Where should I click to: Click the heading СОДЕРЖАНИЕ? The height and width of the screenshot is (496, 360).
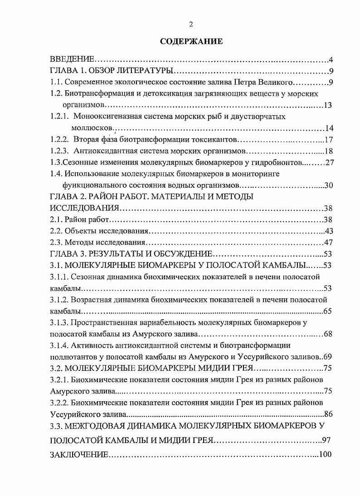pos(191,42)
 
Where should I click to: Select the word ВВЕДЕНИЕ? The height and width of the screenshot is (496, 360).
pos(72,60)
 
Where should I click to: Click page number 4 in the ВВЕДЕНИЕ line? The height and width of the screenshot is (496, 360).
pos(331,60)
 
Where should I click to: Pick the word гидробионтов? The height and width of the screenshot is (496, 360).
pos(278,162)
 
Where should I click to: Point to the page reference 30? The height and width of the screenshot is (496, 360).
pos(329,185)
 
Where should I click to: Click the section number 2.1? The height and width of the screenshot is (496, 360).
pos(55,219)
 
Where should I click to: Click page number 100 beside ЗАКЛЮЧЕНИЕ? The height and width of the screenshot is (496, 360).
pos(326,455)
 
